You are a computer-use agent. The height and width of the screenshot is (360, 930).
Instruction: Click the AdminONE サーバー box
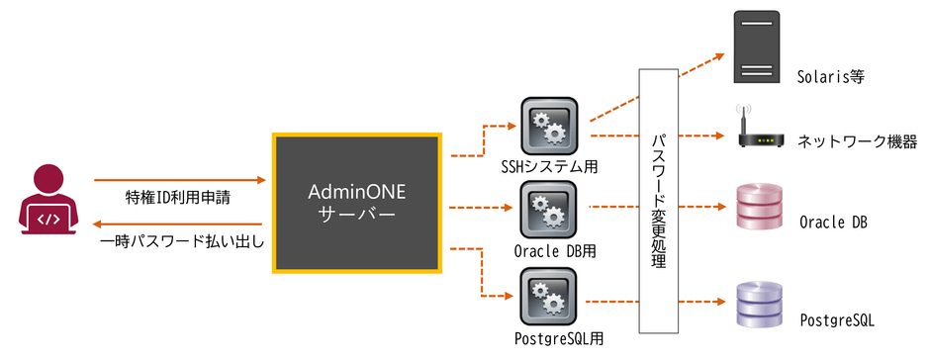(356, 203)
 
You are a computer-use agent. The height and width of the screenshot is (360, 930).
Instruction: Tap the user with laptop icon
(48, 204)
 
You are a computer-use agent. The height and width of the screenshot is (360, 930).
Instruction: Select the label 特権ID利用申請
(178, 198)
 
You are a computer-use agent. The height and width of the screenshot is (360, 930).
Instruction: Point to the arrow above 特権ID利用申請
(180, 181)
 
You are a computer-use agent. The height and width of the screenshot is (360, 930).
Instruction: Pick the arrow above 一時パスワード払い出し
(180, 224)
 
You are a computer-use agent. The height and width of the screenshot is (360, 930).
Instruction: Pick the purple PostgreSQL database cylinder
(759, 305)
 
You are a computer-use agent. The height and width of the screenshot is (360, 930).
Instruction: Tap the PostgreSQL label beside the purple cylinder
(836, 320)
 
